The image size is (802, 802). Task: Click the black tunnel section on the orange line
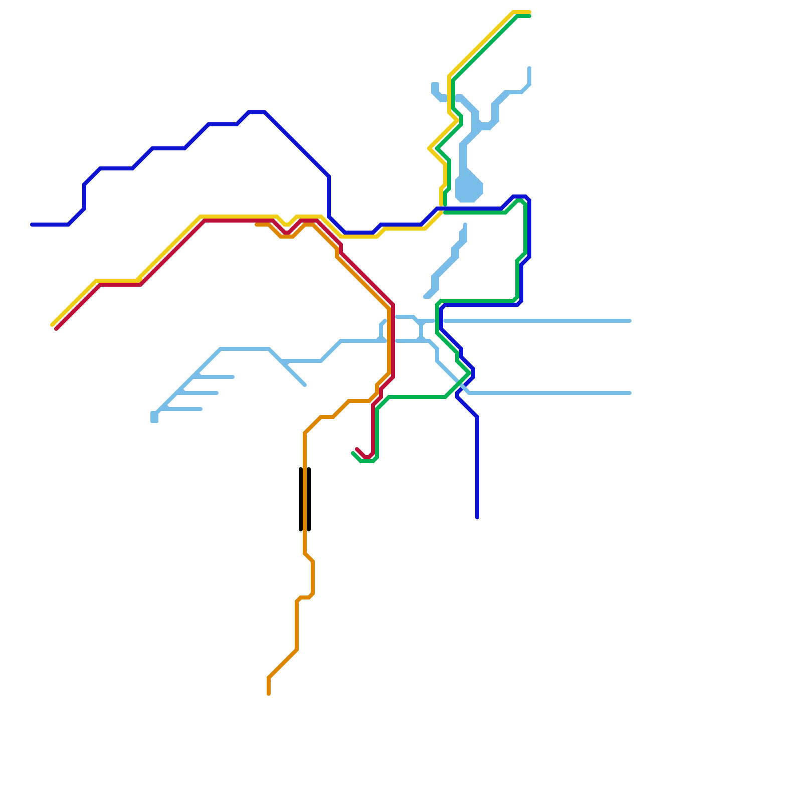[x=305, y=499]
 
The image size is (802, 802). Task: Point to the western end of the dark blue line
[x=32, y=225]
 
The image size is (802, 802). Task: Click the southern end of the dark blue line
[x=477, y=517]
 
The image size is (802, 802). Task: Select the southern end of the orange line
[x=269, y=694]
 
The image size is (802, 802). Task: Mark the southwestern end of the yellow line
[x=52, y=325]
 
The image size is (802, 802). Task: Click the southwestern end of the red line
[x=56, y=329]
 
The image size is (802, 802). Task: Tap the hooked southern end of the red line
[x=357, y=449]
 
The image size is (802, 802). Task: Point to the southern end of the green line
[x=353, y=453]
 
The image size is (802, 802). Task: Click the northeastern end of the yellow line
[x=529, y=12]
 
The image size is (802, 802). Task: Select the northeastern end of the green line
[x=529, y=16]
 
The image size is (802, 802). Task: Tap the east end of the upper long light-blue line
[x=630, y=321]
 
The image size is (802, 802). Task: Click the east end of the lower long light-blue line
[x=630, y=393]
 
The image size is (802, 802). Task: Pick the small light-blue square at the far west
[x=154, y=417]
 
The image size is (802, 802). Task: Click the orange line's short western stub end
[x=257, y=225]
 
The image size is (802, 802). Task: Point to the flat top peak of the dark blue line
[x=257, y=112]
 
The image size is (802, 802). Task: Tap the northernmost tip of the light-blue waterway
[x=529, y=68]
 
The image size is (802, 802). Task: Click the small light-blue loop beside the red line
[x=401, y=329]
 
